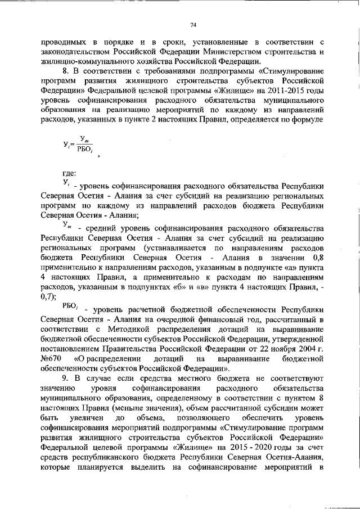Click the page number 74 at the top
[193, 24]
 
